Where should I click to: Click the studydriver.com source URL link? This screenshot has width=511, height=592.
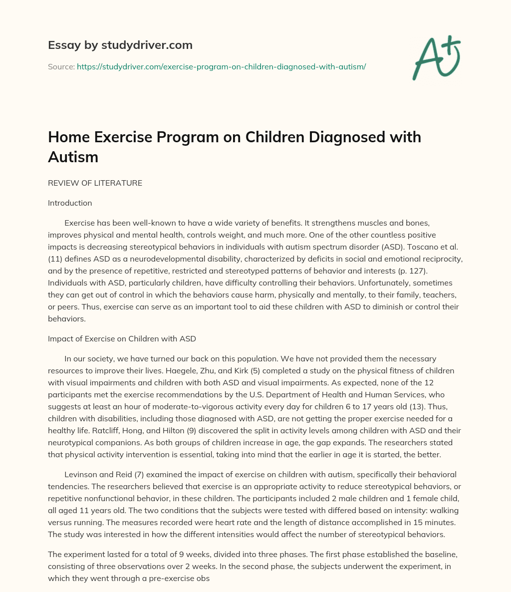click(x=221, y=66)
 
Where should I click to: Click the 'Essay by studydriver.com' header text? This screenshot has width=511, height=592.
click(x=120, y=45)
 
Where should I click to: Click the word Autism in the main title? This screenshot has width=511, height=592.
click(x=73, y=157)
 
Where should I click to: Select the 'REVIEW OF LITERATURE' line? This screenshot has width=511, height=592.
click(x=95, y=183)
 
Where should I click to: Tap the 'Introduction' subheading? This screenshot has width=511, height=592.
click(x=70, y=203)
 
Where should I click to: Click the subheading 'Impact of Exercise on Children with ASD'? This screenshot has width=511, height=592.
click(x=122, y=338)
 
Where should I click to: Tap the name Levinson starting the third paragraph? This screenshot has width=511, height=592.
click(x=81, y=474)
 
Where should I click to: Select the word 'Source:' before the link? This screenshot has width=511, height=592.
click(x=61, y=66)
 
